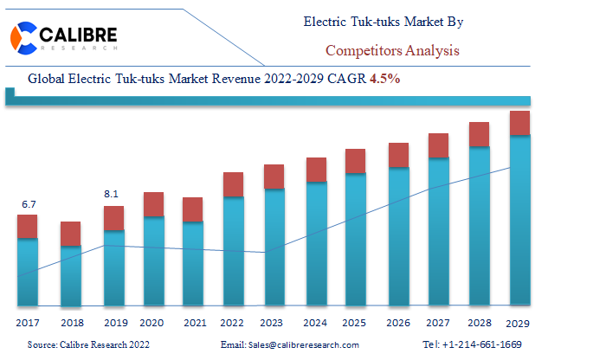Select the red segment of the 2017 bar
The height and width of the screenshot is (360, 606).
tap(28, 226)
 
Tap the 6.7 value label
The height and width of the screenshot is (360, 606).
tap(29, 204)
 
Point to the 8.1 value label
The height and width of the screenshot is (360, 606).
tap(111, 195)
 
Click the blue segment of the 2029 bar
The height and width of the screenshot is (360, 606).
tap(519, 220)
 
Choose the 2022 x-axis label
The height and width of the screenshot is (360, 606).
tap(232, 323)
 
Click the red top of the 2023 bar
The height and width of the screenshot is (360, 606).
tap(274, 177)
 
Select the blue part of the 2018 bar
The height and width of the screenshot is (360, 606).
tap(70, 275)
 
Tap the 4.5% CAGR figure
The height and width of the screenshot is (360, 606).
tap(386, 78)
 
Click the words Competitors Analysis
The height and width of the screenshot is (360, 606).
tap(392, 50)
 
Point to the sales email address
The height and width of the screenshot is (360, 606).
tap(290, 344)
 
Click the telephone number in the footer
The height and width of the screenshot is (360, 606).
tap(472, 344)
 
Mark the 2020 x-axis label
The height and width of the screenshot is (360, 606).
tap(152, 323)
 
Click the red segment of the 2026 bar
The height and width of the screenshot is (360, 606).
tap(398, 155)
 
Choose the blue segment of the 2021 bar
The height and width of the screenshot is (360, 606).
tap(193, 264)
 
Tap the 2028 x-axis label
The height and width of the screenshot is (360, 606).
tap(480, 323)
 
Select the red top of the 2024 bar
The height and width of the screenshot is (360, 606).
tap(316, 170)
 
